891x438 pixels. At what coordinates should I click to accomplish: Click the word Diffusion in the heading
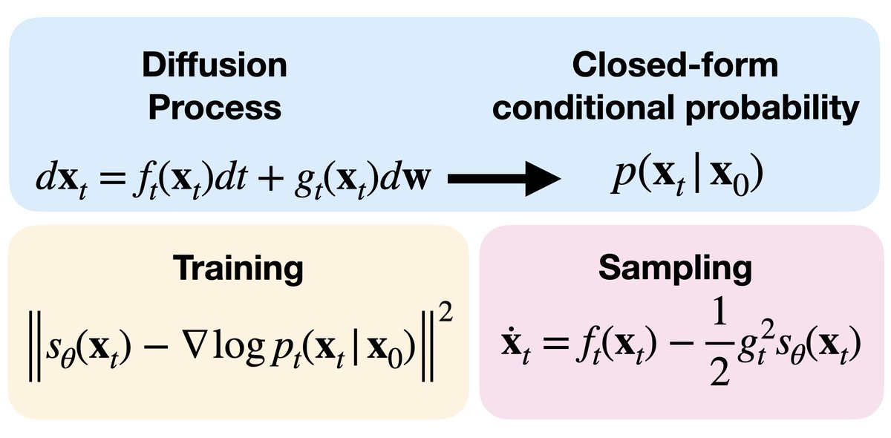click(x=217, y=67)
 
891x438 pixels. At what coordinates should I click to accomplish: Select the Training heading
click(x=238, y=268)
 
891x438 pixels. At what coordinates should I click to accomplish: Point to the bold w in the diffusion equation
click(x=421, y=178)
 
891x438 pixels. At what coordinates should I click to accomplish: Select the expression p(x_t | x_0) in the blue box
click(x=677, y=179)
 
